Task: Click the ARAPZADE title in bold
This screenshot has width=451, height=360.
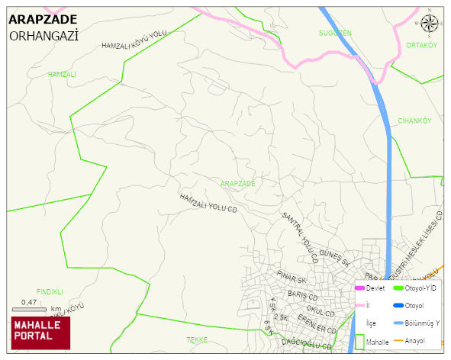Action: point(42,20)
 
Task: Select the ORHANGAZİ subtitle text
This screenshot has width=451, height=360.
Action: point(44,36)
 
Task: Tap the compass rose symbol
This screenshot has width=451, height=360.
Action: point(430,25)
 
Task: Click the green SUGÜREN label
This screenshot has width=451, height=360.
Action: point(335,33)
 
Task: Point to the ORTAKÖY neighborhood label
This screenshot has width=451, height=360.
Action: point(421,45)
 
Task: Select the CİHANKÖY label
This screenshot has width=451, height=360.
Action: point(414,121)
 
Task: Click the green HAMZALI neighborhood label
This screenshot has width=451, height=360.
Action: point(62,74)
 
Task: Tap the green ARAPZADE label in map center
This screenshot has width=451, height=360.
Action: point(237,184)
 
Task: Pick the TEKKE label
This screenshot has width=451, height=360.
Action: point(197,339)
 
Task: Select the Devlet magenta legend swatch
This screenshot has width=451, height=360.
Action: point(360,288)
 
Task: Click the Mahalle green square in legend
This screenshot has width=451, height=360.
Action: point(360,342)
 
